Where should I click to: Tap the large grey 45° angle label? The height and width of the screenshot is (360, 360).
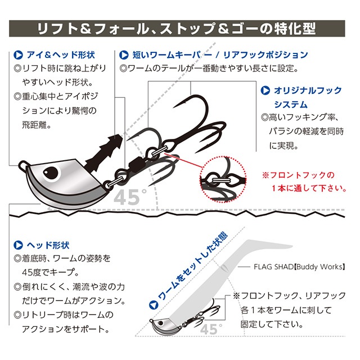130,197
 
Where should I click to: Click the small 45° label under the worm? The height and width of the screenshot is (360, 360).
211,329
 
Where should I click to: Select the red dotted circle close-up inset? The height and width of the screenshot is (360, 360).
223,179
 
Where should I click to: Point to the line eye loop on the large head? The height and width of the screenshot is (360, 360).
23,165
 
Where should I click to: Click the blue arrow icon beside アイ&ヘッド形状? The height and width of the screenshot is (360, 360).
18,55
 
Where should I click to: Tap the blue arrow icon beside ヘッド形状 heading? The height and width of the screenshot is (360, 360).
18,245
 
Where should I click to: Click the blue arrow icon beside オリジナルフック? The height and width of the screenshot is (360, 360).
265,90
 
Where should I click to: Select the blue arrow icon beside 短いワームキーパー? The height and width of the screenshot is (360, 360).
124,55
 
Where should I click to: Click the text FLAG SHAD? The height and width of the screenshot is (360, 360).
273,267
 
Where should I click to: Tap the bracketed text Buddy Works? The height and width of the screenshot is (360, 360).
319,267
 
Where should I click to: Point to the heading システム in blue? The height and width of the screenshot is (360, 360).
291,105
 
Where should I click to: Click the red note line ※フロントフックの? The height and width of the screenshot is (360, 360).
298,175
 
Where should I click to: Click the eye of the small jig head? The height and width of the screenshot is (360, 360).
160,323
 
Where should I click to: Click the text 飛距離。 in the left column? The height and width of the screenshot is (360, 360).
37,125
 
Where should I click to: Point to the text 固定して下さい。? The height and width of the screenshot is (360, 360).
272,324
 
